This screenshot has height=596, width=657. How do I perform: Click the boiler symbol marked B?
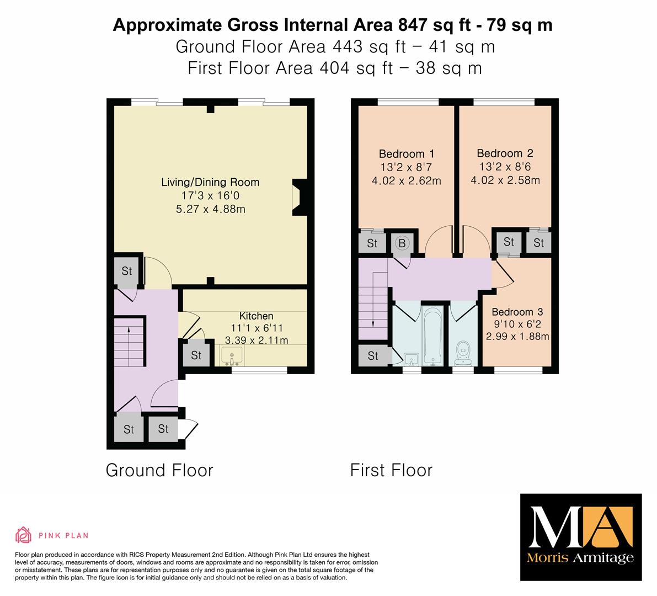[402, 243]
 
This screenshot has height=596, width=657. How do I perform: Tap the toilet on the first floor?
[463, 353]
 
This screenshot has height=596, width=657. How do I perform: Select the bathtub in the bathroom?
[432, 336]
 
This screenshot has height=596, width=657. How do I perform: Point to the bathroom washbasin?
[411, 359]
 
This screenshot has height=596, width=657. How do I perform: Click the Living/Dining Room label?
[210, 182]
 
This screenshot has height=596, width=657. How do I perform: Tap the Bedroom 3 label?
[517, 312]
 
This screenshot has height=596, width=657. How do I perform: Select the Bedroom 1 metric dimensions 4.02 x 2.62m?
[406, 181]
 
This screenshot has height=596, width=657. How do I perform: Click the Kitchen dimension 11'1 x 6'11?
[257, 328]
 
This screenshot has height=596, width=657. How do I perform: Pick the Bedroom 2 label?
[505, 153]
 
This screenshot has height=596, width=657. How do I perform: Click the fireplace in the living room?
[299, 197]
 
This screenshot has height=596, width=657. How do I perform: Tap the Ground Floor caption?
[159, 470]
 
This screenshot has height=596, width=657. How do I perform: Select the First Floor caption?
[391, 470]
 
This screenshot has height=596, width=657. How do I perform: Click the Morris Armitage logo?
[581, 538]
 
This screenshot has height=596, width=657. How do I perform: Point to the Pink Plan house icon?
[24, 535]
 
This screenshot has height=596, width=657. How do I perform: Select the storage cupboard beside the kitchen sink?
[196, 355]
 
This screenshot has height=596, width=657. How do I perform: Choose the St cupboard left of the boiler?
[372, 243]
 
